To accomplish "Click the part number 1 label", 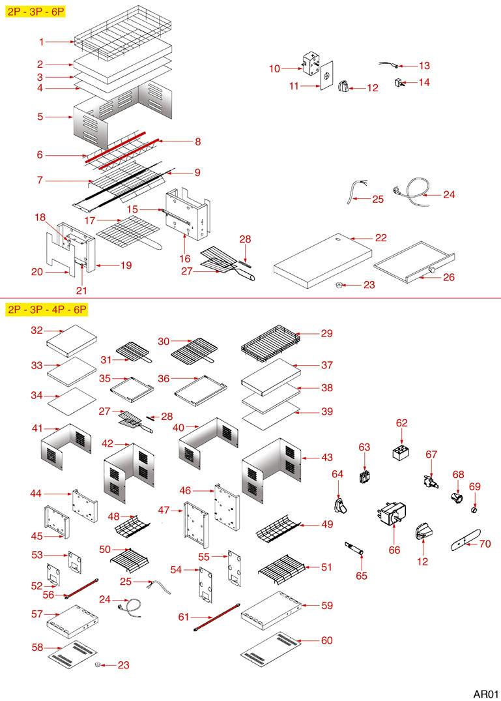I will coord(41,42).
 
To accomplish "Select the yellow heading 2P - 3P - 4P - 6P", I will coord(46,309).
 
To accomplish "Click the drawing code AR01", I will coord(485,693).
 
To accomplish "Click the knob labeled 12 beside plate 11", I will coord(345,85).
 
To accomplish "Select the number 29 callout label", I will coord(326,333).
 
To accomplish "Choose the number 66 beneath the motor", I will coord(394,550).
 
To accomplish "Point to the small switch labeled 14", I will coord(399,82).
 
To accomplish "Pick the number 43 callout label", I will coord(326,457).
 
